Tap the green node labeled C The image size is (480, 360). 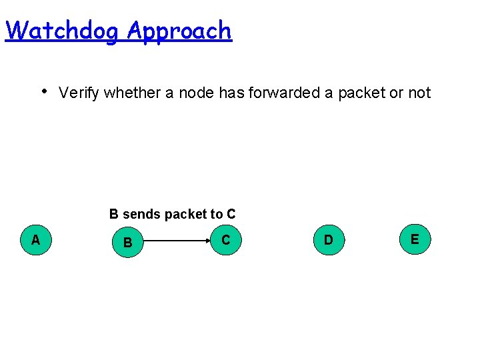click(x=226, y=239)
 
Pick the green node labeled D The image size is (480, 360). click(x=328, y=239)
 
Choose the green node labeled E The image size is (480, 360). click(x=415, y=239)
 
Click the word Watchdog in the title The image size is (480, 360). click(x=63, y=31)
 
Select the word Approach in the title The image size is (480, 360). click(x=179, y=31)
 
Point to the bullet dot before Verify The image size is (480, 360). click(x=43, y=90)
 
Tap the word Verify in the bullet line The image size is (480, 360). click(x=79, y=93)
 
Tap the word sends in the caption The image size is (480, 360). click(x=141, y=215)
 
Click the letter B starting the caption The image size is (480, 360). click(x=114, y=215)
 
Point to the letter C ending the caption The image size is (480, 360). click(x=231, y=215)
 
